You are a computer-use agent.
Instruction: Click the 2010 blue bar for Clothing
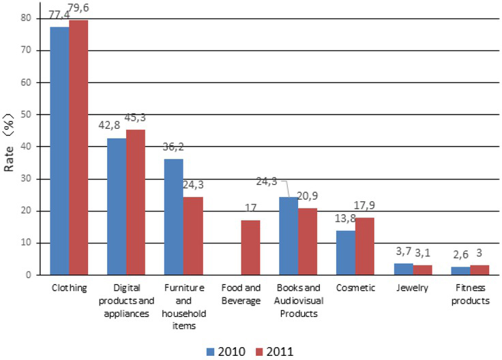(x=59, y=151)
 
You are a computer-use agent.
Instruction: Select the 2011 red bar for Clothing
(x=78, y=147)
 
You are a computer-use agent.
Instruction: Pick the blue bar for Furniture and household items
(x=174, y=217)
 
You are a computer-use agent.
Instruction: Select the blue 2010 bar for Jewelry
(x=404, y=269)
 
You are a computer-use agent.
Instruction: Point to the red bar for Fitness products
(x=480, y=270)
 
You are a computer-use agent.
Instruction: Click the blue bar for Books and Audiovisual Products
(x=289, y=236)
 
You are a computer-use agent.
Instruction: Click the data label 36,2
(x=174, y=146)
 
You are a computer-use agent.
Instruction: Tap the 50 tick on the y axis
(x=26, y=115)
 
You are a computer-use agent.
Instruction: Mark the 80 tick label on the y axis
(x=26, y=18)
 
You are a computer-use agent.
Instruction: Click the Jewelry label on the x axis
(x=414, y=288)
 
